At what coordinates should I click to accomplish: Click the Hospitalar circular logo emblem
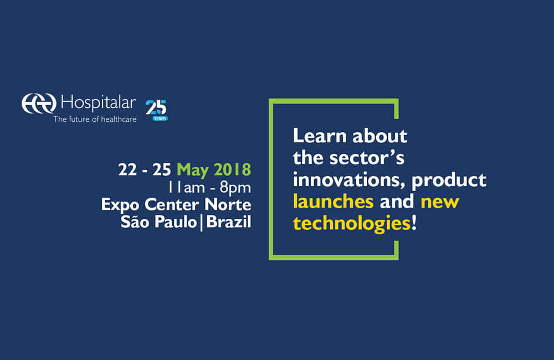[39, 104]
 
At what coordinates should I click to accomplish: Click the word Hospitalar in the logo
[99, 103]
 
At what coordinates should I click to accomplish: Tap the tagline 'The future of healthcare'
[95, 120]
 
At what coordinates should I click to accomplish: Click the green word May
[193, 170]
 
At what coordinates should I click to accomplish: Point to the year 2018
[232, 169]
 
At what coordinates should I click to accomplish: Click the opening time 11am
[186, 188]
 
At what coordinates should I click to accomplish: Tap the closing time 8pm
[235, 188]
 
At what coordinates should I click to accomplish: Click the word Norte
[228, 204]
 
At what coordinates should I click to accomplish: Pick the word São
[135, 222]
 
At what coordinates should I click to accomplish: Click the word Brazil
[229, 222]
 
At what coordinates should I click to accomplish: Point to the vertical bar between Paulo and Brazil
[202, 223]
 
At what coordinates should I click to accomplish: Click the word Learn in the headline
[320, 136]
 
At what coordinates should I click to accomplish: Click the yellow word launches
[333, 202]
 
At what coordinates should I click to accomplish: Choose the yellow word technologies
[352, 224]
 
